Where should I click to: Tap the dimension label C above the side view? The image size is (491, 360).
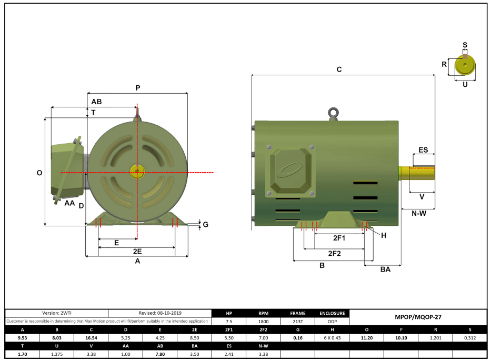[339, 69]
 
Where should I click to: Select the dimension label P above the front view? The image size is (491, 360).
[138, 88]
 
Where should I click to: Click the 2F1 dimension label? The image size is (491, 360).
[339, 238]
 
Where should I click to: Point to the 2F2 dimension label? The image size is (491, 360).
[335, 253]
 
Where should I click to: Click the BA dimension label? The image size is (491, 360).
[385, 269]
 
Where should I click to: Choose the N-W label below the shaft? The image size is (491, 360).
[418, 213]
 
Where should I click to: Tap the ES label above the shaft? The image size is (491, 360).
[423, 150]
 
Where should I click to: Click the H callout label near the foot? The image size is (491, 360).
[384, 235]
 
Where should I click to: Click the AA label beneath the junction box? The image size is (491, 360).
[69, 203]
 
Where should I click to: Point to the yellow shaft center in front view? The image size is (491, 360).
[137, 172]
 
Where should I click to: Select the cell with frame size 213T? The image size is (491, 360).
[297, 322]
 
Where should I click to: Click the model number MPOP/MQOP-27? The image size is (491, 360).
[417, 317]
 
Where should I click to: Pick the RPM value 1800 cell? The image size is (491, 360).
[263, 322]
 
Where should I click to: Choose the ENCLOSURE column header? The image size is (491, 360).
[332, 313]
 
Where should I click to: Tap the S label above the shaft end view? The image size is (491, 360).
[465, 45]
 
